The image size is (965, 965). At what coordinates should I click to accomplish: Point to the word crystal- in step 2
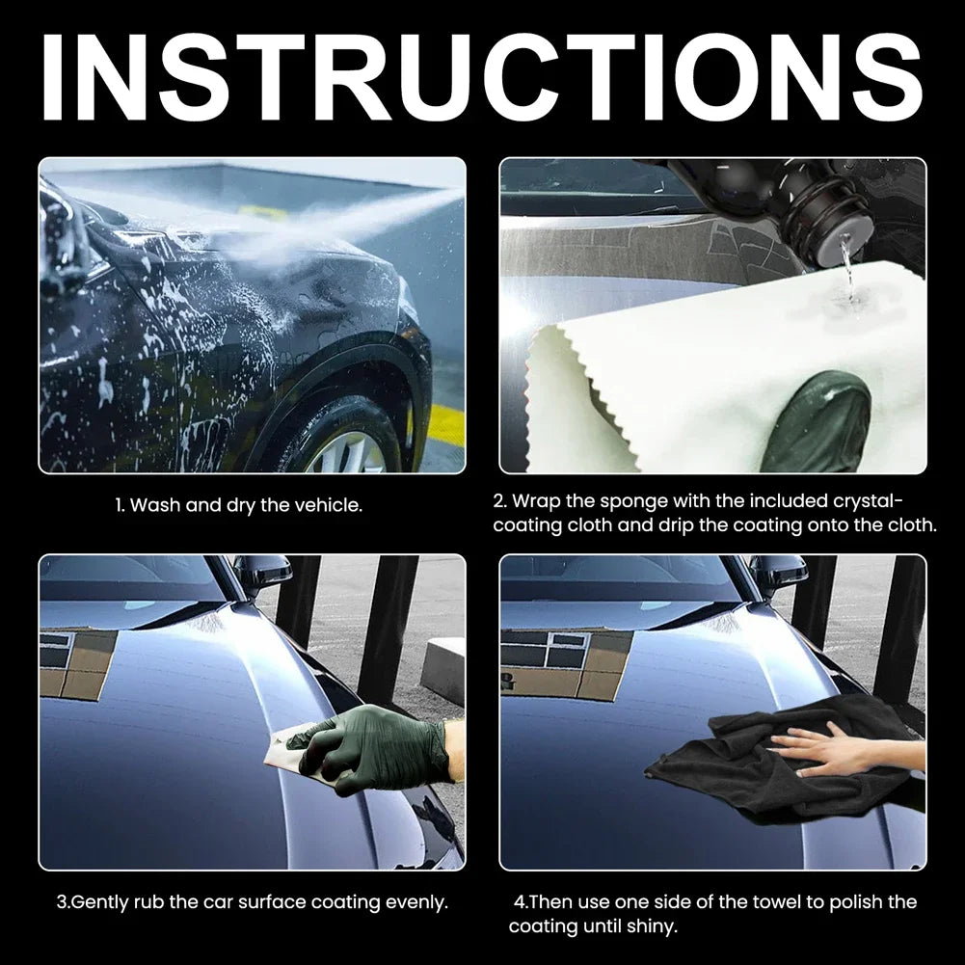pos(867,501)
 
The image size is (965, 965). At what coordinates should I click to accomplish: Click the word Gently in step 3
pos(100,903)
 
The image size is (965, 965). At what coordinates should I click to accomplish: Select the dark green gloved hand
pos(381,742)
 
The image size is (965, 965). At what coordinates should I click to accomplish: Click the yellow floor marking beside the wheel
pos(445,424)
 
